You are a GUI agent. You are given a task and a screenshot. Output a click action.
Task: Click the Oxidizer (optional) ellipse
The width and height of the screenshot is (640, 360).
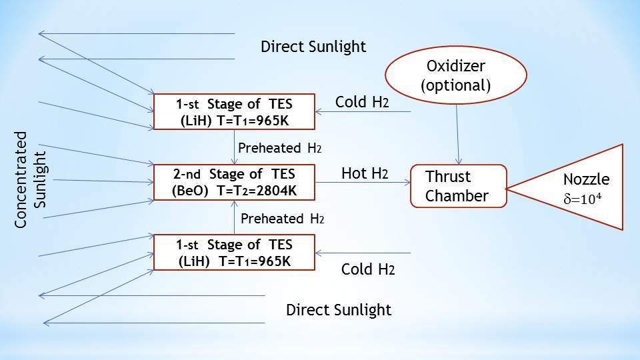click(456, 75)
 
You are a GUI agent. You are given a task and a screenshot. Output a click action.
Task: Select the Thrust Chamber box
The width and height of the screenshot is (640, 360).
click(458, 186)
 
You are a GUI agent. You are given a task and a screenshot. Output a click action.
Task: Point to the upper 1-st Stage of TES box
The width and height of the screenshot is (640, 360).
click(234, 112)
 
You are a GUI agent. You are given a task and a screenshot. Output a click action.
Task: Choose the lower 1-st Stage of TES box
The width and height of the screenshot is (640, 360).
click(234, 252)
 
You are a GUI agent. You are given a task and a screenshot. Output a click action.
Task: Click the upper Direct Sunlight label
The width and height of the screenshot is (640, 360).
click(313, 47)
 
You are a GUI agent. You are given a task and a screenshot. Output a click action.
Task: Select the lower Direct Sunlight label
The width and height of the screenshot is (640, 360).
click(339, 310)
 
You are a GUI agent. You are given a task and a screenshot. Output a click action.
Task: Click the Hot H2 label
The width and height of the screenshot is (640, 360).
click(365, 174)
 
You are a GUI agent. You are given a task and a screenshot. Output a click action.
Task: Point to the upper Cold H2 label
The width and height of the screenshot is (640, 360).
click(362, 102)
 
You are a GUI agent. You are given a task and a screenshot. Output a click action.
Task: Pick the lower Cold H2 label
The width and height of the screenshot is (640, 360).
click(368, 269)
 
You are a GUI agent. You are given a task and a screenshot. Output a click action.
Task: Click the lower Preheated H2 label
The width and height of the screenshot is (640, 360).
click(282, 219)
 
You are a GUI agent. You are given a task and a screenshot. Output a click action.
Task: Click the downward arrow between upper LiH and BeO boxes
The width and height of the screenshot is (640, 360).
click(234, 147)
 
